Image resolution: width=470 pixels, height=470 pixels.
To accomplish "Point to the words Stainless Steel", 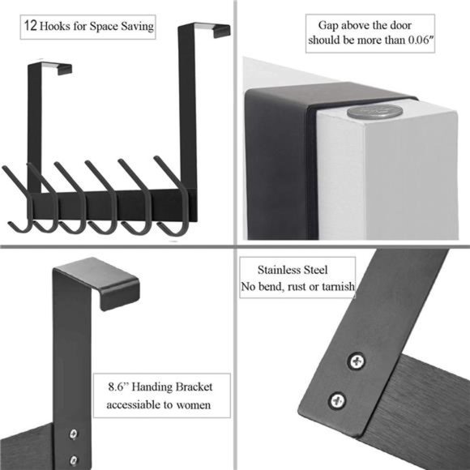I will (294, 270).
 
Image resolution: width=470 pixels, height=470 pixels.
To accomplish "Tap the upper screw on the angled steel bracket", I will (356, 361).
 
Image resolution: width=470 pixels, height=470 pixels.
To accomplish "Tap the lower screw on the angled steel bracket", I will (338, 399).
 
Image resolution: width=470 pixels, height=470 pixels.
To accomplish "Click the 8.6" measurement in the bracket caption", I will (122, 387).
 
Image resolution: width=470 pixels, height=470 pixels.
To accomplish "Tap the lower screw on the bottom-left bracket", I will (74, 459).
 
